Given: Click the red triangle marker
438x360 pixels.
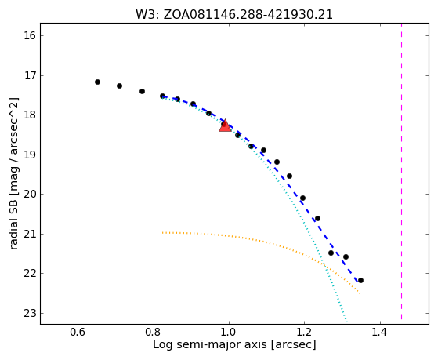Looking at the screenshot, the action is [225, 125].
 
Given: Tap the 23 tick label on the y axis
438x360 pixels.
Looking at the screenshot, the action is [30, 313].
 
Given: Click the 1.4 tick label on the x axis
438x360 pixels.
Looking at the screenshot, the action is [379, 332].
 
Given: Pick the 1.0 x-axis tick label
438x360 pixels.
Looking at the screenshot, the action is [229, 332].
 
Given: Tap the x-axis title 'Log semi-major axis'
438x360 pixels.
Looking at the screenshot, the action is [209, 344].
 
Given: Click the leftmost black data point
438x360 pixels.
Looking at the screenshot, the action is [97, 82].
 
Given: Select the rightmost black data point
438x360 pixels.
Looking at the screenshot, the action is [360, 280].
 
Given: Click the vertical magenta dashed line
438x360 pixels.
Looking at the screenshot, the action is [402, 171].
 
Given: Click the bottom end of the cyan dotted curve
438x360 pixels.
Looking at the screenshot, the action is [346, 320].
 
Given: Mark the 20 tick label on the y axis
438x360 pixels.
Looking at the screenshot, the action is [30, 195].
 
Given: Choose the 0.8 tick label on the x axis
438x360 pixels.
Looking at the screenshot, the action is [154, 332].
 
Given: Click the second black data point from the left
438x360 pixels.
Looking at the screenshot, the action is [120, 85].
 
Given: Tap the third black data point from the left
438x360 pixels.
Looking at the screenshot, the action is [142, 91].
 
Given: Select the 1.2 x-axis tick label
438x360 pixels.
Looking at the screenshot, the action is [304, 332].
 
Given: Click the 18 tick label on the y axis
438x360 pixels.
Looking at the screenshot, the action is [30, 115].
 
